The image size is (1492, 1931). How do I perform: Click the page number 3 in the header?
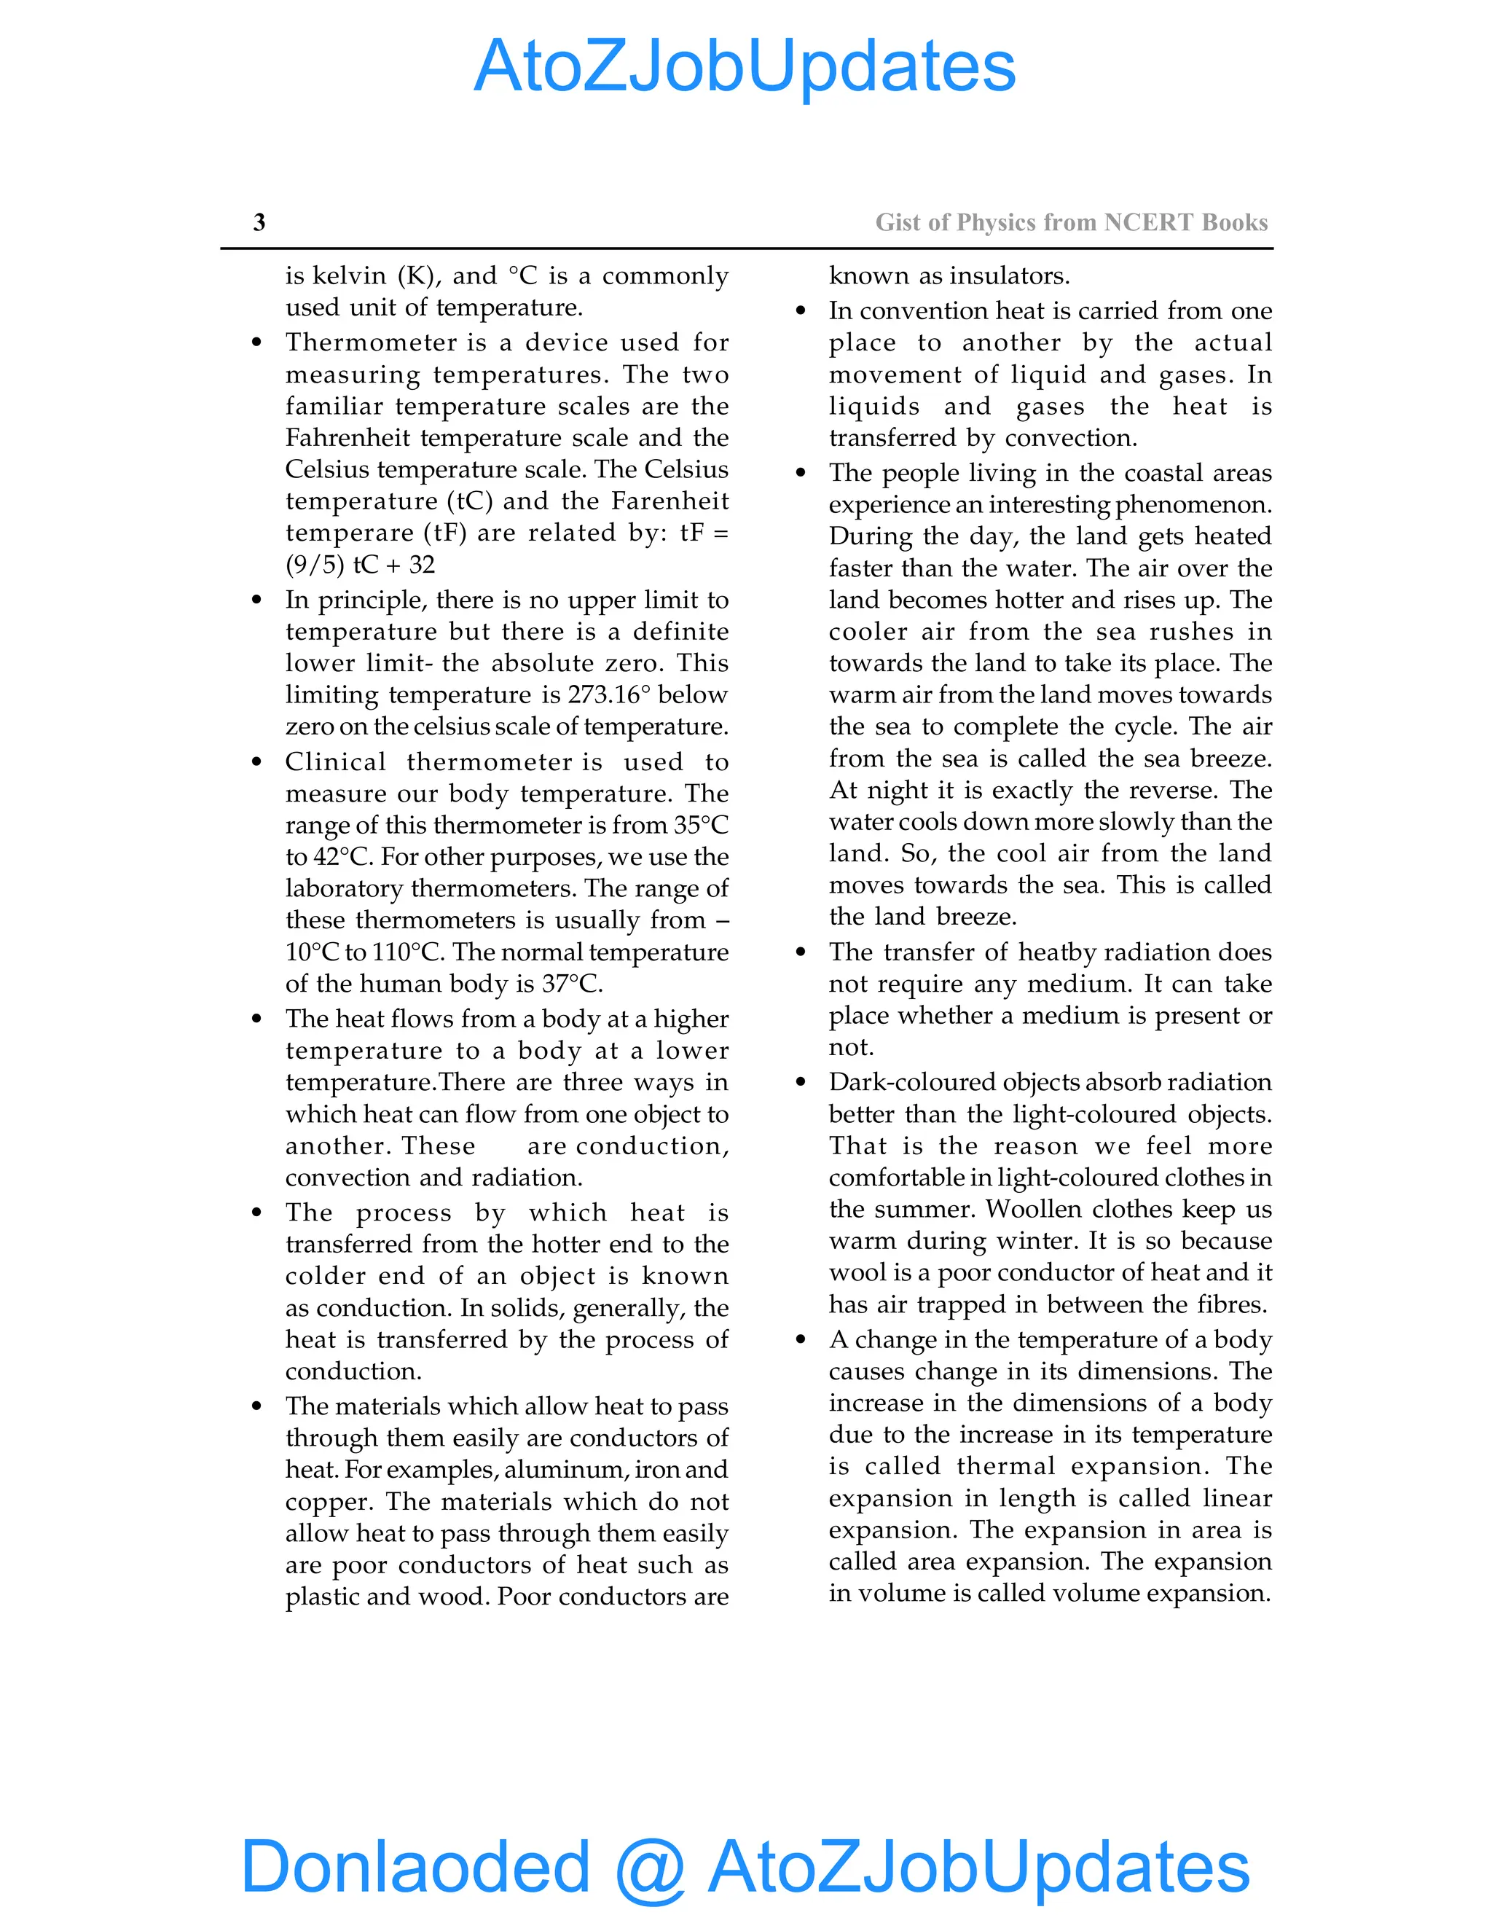pos(259,222)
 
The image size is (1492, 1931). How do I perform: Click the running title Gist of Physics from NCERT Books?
pos(1071,222)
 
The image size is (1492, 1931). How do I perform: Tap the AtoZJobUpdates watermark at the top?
pos(745,66)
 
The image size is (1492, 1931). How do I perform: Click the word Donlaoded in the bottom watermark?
pos(415,1865)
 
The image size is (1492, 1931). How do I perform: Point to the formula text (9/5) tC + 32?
pos(360,565)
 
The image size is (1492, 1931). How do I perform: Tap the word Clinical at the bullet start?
pos(335,762)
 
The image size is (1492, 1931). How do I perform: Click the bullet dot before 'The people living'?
pos(801,473)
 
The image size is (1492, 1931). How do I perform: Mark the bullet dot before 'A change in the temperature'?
pos(801,1340)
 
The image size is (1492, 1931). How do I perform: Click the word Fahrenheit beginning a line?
pos(348,439)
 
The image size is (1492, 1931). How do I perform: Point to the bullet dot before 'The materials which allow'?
pos(256,1406)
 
